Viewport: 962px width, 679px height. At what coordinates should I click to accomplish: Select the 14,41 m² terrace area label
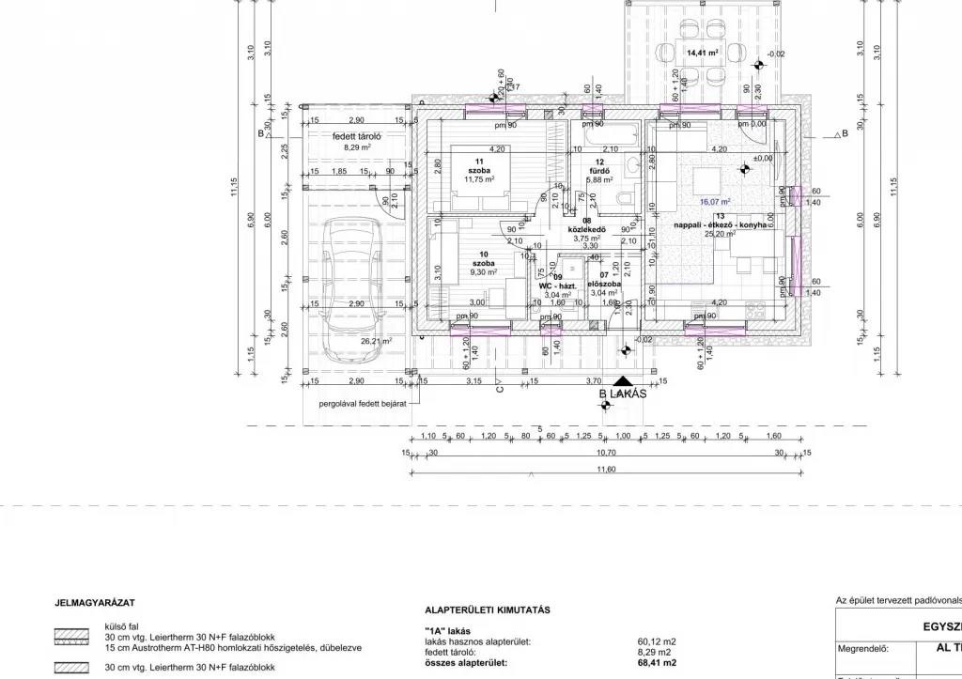point(702,54)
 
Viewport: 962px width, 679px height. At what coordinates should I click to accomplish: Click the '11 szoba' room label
point(479,170)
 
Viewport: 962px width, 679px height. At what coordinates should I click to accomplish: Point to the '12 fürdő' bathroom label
point(598,170)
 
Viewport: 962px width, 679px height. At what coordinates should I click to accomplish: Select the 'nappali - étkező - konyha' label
point(720,225)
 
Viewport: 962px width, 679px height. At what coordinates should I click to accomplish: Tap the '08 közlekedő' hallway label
point(587,230)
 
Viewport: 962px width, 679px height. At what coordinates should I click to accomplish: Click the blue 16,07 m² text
point(715,201)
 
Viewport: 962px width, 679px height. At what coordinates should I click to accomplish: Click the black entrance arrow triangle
point(623,380)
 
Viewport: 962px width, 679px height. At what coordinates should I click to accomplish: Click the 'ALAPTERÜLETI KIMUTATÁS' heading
point(488,610)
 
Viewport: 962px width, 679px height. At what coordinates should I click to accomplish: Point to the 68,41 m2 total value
point(656,663)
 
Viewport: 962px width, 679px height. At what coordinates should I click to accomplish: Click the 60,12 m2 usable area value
point(656,642)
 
